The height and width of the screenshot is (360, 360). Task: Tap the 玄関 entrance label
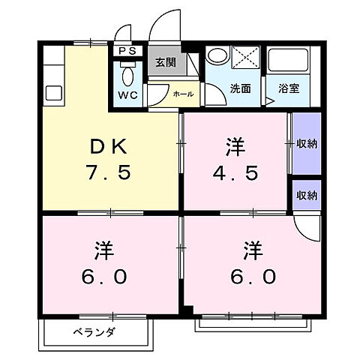coord(165,63)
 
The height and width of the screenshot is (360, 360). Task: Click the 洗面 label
coord(240,87)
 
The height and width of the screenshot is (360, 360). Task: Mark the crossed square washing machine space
coord(244,58)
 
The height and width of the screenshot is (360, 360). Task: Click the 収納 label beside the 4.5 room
coord(307,143)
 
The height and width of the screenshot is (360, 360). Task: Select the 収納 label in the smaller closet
coord(307,195)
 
